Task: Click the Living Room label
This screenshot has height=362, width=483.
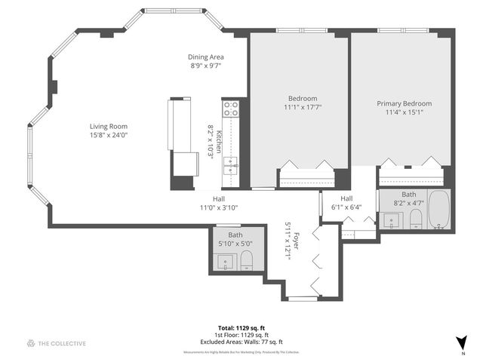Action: (x=109, y=126)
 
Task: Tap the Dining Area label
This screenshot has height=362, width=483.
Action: (x=206, y=57)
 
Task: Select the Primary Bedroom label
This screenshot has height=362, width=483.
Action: (x=404, y=104)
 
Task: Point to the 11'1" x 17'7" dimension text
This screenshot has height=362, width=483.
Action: (x=303, y=108)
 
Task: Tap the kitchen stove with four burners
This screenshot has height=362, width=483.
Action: (x=230, y=109)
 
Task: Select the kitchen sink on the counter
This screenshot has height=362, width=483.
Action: (x=230, y=165)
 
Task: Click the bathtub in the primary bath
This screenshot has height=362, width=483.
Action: (x=439, y=210)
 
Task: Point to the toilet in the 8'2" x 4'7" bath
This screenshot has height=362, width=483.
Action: (x=416, y=219)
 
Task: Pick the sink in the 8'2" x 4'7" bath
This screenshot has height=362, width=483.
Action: (x=391, y=219)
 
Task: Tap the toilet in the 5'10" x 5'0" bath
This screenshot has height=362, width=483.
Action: (x=246, y=262)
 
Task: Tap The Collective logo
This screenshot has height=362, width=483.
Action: (x=57, y=343)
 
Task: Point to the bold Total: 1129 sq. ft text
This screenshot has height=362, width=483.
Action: (x=241, y=328)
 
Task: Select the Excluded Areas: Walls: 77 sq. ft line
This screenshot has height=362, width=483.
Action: (x=241, y=342)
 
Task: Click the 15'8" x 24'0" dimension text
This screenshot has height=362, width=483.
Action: (x=109, y=135)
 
